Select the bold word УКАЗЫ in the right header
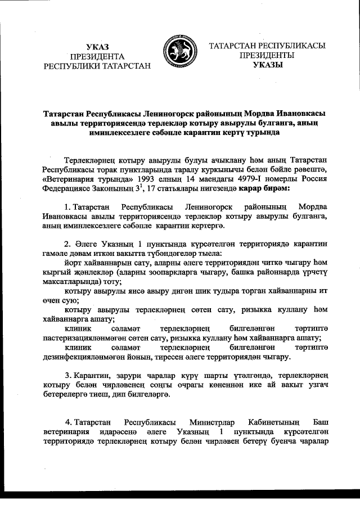(267, 65)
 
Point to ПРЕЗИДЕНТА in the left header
(97, 56)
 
